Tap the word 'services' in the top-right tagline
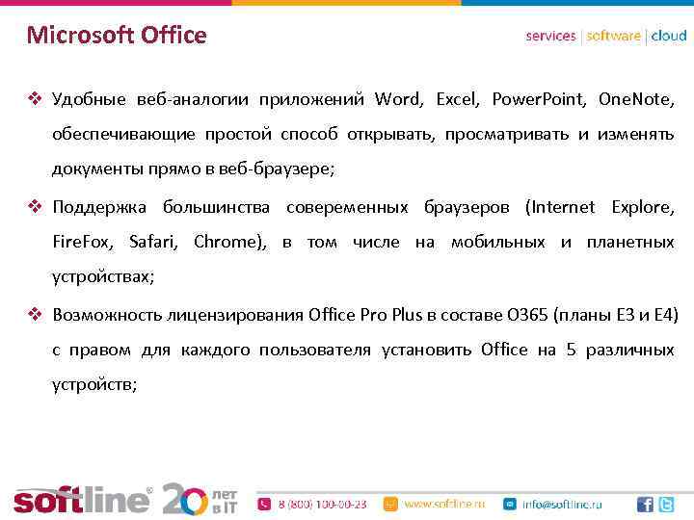click(550, 36)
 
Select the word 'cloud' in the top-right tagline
click(669, 36)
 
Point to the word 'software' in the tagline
click(613, 36)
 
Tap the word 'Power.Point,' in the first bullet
click(537, 99)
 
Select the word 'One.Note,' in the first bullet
click(636, 99)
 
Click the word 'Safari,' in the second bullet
click(153, 243)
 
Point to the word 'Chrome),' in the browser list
click(229, 243)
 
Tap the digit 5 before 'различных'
click(571, 350)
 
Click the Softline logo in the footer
click(82, 499)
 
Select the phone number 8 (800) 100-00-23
click(322, 504)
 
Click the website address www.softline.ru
click(443, 504)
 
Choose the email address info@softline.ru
click(562, 504)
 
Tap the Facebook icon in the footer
click(644, 504)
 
